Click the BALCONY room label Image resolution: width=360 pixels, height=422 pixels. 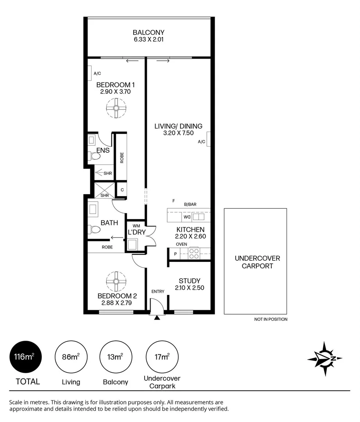point(149,32)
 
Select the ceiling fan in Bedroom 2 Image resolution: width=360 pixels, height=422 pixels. point(116,281)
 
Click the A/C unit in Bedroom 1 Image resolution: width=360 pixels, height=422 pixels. point(90,73)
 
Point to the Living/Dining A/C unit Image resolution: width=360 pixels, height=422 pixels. point(209,139)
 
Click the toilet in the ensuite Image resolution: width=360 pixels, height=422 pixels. point(94,157)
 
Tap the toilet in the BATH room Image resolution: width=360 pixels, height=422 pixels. point(94,229)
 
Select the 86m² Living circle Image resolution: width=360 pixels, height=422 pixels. point(71,356)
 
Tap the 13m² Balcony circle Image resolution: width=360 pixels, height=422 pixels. point(116,356)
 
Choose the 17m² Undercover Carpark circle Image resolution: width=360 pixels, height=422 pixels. point(162,356)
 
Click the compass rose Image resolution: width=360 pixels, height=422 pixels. point(325,359)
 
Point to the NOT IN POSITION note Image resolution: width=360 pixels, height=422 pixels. point(270,319)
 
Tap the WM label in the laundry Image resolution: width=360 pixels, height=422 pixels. point(136,226)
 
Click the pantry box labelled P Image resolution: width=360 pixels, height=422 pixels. point(175,254)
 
